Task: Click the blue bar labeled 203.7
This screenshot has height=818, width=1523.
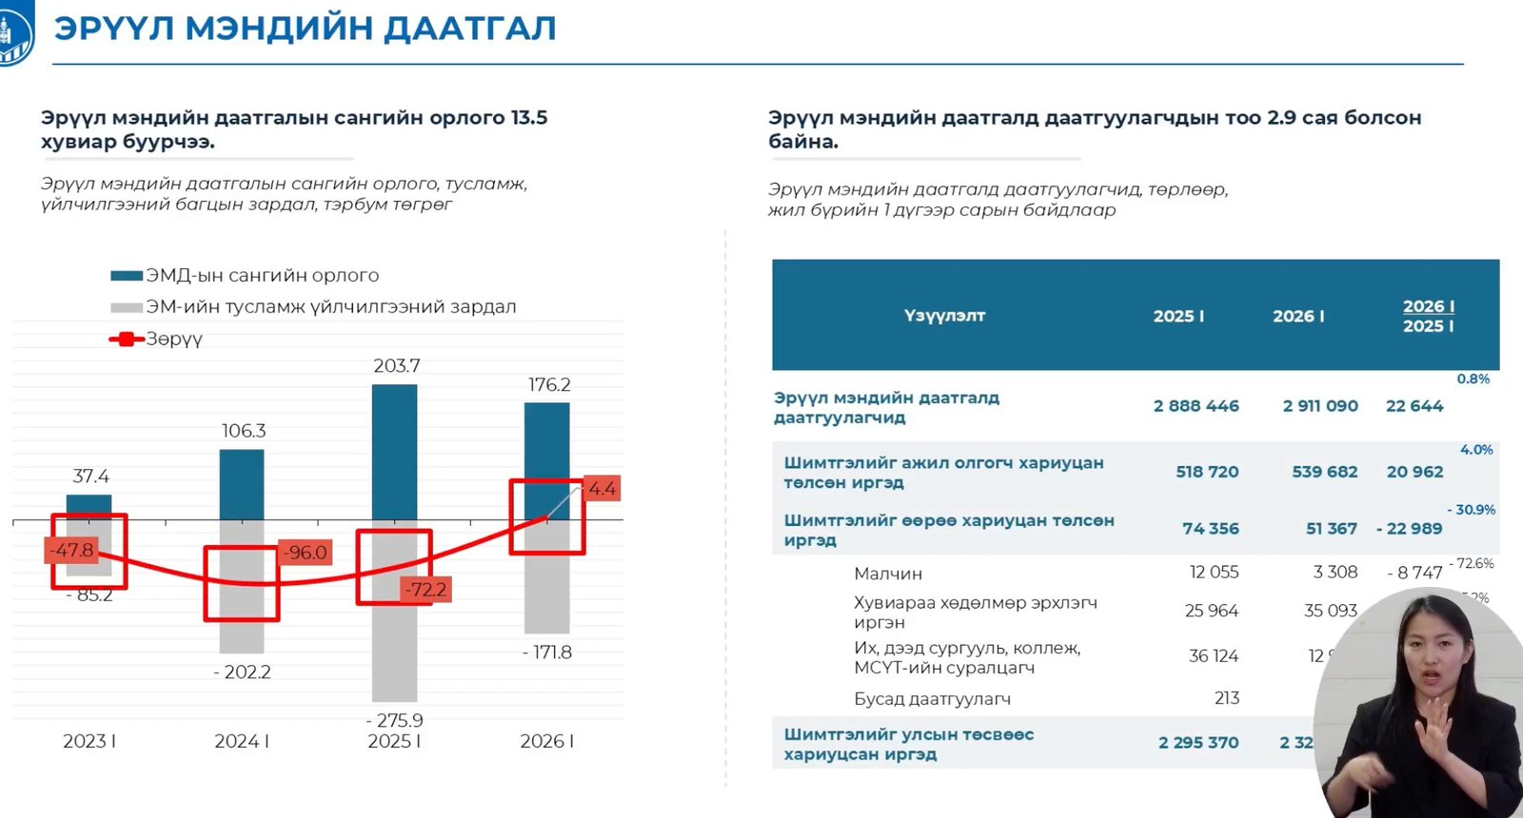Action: click(394, 452)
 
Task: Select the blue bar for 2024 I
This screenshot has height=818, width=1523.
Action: click(242, 484)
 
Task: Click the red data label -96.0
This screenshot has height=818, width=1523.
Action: click(306, 553)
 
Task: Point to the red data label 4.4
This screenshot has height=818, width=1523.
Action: click(602, 489)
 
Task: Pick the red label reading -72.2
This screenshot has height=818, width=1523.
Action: click(425, 590)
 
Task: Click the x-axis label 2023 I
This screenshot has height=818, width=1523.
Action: click(89, 741)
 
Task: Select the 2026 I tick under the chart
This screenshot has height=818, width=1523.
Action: click(546, 741)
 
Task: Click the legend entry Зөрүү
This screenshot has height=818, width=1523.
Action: click(173, 339)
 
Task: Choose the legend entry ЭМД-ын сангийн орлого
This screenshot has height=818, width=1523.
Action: click(262, 276)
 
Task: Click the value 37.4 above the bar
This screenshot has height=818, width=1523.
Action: click(90, 476)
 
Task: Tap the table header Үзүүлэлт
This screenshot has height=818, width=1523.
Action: click(944, 316)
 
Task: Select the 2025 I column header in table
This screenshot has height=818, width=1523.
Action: click(1178, 316)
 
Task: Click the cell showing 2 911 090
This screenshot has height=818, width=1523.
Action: click(1320, 406)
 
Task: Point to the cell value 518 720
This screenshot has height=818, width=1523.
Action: click(1207, 472)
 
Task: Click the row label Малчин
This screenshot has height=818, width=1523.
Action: click(888, 574)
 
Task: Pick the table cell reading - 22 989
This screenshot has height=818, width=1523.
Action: click(1409, 529)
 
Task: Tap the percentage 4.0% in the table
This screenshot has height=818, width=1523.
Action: click(1476, 450)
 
